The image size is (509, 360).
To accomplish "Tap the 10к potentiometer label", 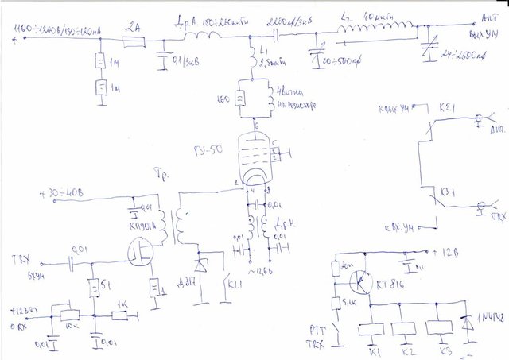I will pos(72,325).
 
